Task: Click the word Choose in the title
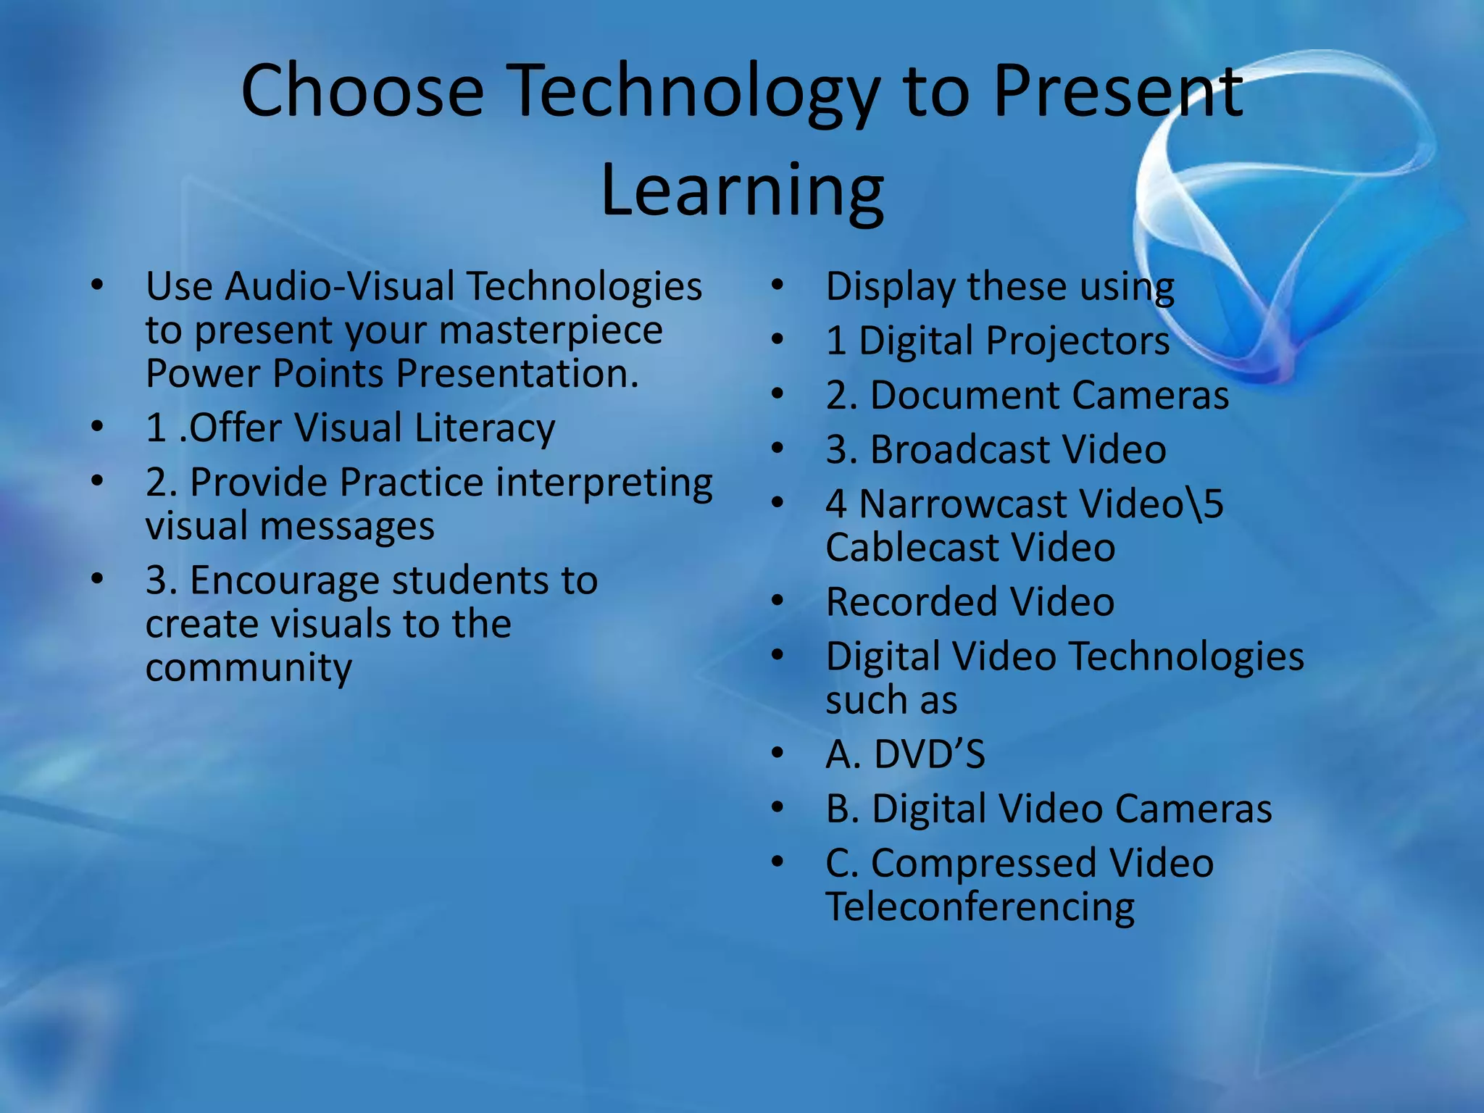(x=362, y=91)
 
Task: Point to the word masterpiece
(x=551, y=331)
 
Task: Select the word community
(x=249, y=667)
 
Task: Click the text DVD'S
(x=930, y=754)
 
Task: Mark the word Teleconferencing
(x=980, y=908)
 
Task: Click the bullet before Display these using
(x=778, y=285)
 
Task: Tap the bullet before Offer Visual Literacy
(x=97, y=427)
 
